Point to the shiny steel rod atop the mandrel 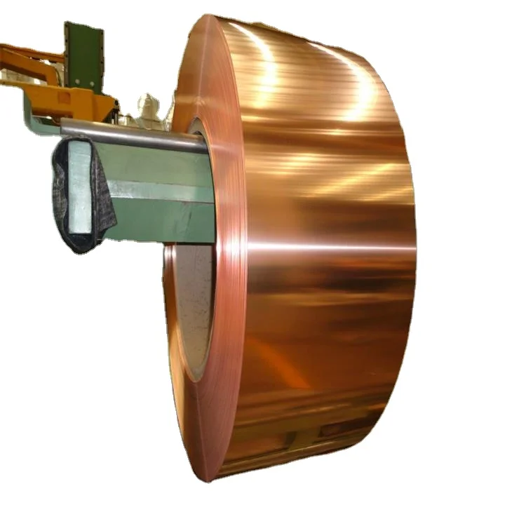[133, 134]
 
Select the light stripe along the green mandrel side [161, 190]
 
